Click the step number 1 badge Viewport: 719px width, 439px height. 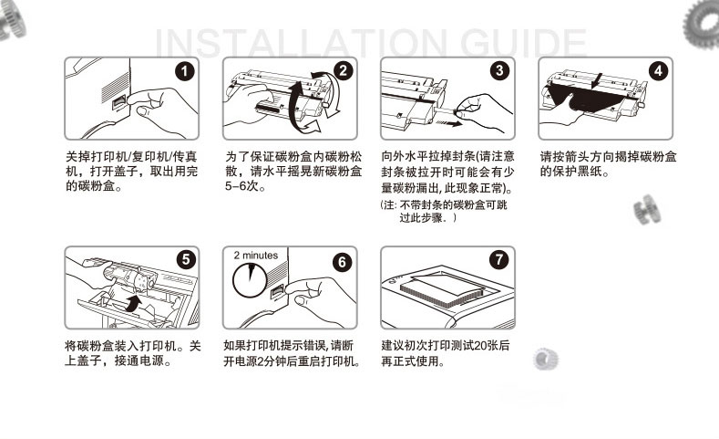point(185,71)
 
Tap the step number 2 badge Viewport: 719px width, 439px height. point(343,70)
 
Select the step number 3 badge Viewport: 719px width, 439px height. point(499,70)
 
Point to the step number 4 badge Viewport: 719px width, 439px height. point(658,70)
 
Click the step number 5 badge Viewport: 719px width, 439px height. point(186,260)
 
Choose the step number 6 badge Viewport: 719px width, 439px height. point(342,262)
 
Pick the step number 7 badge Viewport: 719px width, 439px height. point(498,260)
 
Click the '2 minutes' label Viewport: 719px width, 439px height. point(255,256)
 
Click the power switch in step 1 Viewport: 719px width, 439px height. point(119,102)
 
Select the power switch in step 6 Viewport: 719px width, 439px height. point(277,291)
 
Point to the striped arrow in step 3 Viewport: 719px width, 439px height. point(448,122)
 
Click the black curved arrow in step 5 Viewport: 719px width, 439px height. point(133,304)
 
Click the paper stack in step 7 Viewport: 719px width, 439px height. point(442,291)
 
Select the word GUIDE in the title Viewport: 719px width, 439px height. point(523,43)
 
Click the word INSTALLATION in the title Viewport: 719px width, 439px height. point(301,43)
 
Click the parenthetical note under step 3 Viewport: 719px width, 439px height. point(444,211)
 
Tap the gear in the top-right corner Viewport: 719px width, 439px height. point(702,24)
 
